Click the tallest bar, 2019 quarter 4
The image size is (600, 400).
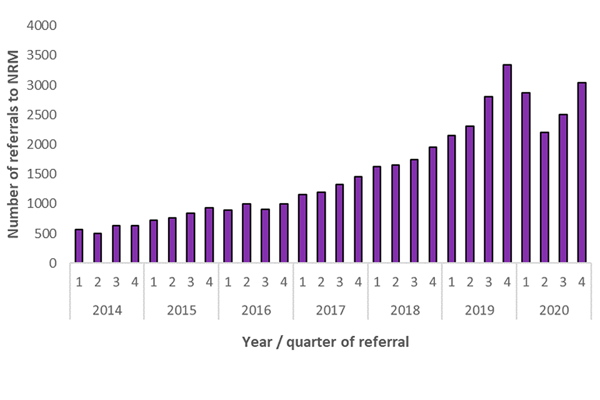point(507,164)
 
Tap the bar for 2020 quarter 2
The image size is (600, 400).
point(544,197)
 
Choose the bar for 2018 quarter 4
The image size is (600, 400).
point(432,205)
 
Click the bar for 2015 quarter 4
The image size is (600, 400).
point(209,236)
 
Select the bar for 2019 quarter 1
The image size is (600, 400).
point(451,199)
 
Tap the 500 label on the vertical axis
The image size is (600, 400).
point(46,234)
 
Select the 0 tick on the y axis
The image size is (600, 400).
point(53,264)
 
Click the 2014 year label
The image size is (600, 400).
point(107,310)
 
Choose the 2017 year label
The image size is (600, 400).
point(331,310)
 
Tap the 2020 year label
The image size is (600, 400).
point(554,310)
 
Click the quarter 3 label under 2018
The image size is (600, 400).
point(414,282)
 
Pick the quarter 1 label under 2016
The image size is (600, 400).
point(228,282)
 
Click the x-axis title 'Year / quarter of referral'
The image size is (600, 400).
point(326,342)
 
